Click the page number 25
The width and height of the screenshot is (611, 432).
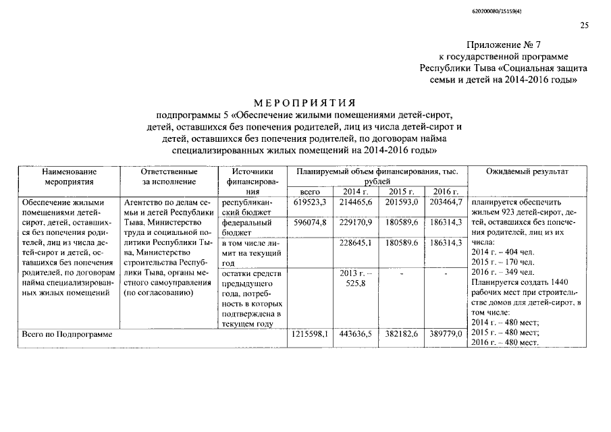584,26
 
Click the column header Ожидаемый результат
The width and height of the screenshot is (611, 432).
527,172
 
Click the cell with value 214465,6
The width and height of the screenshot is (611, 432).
355,202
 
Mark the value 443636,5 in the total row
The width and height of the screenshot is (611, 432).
355,334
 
